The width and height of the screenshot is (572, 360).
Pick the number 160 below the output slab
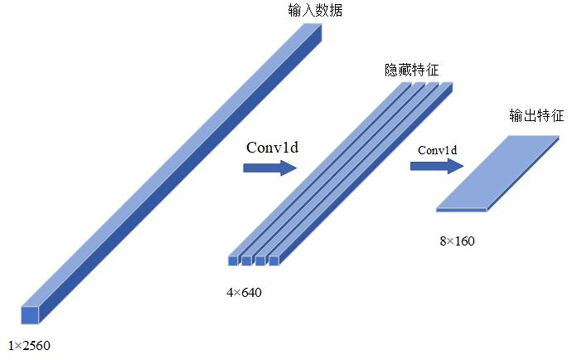pos(463,241)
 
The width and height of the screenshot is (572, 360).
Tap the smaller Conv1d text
pos(438,150)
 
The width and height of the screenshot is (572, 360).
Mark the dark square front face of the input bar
pos(30,314)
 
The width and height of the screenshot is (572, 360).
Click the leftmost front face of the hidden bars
pos(233,260)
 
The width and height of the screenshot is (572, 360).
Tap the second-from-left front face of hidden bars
pos(246,260)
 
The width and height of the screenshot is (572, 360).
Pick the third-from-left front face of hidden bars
pos(259,260)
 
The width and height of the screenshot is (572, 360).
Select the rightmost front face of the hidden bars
pos(273,260)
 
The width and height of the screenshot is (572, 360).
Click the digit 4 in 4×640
pos(230,291)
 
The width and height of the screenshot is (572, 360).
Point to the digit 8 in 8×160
pos(443,241)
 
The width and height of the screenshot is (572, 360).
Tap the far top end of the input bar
pos(311,29)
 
